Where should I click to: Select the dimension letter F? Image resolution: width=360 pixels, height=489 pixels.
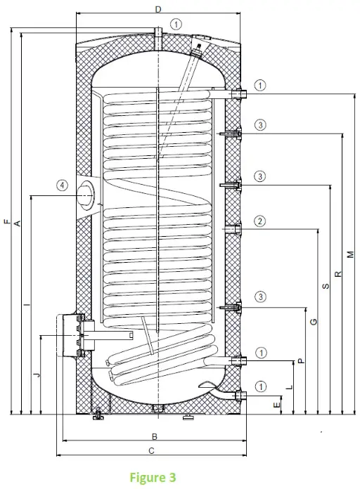(x=6, y=222)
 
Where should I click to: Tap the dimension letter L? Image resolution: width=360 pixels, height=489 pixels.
(x=290, y=387)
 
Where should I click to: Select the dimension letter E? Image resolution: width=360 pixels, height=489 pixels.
(x=278, y=404)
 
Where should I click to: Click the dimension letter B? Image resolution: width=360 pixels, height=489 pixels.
(x=154, y=436)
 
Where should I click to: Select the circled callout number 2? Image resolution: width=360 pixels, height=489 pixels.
(x=260, y=221)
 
